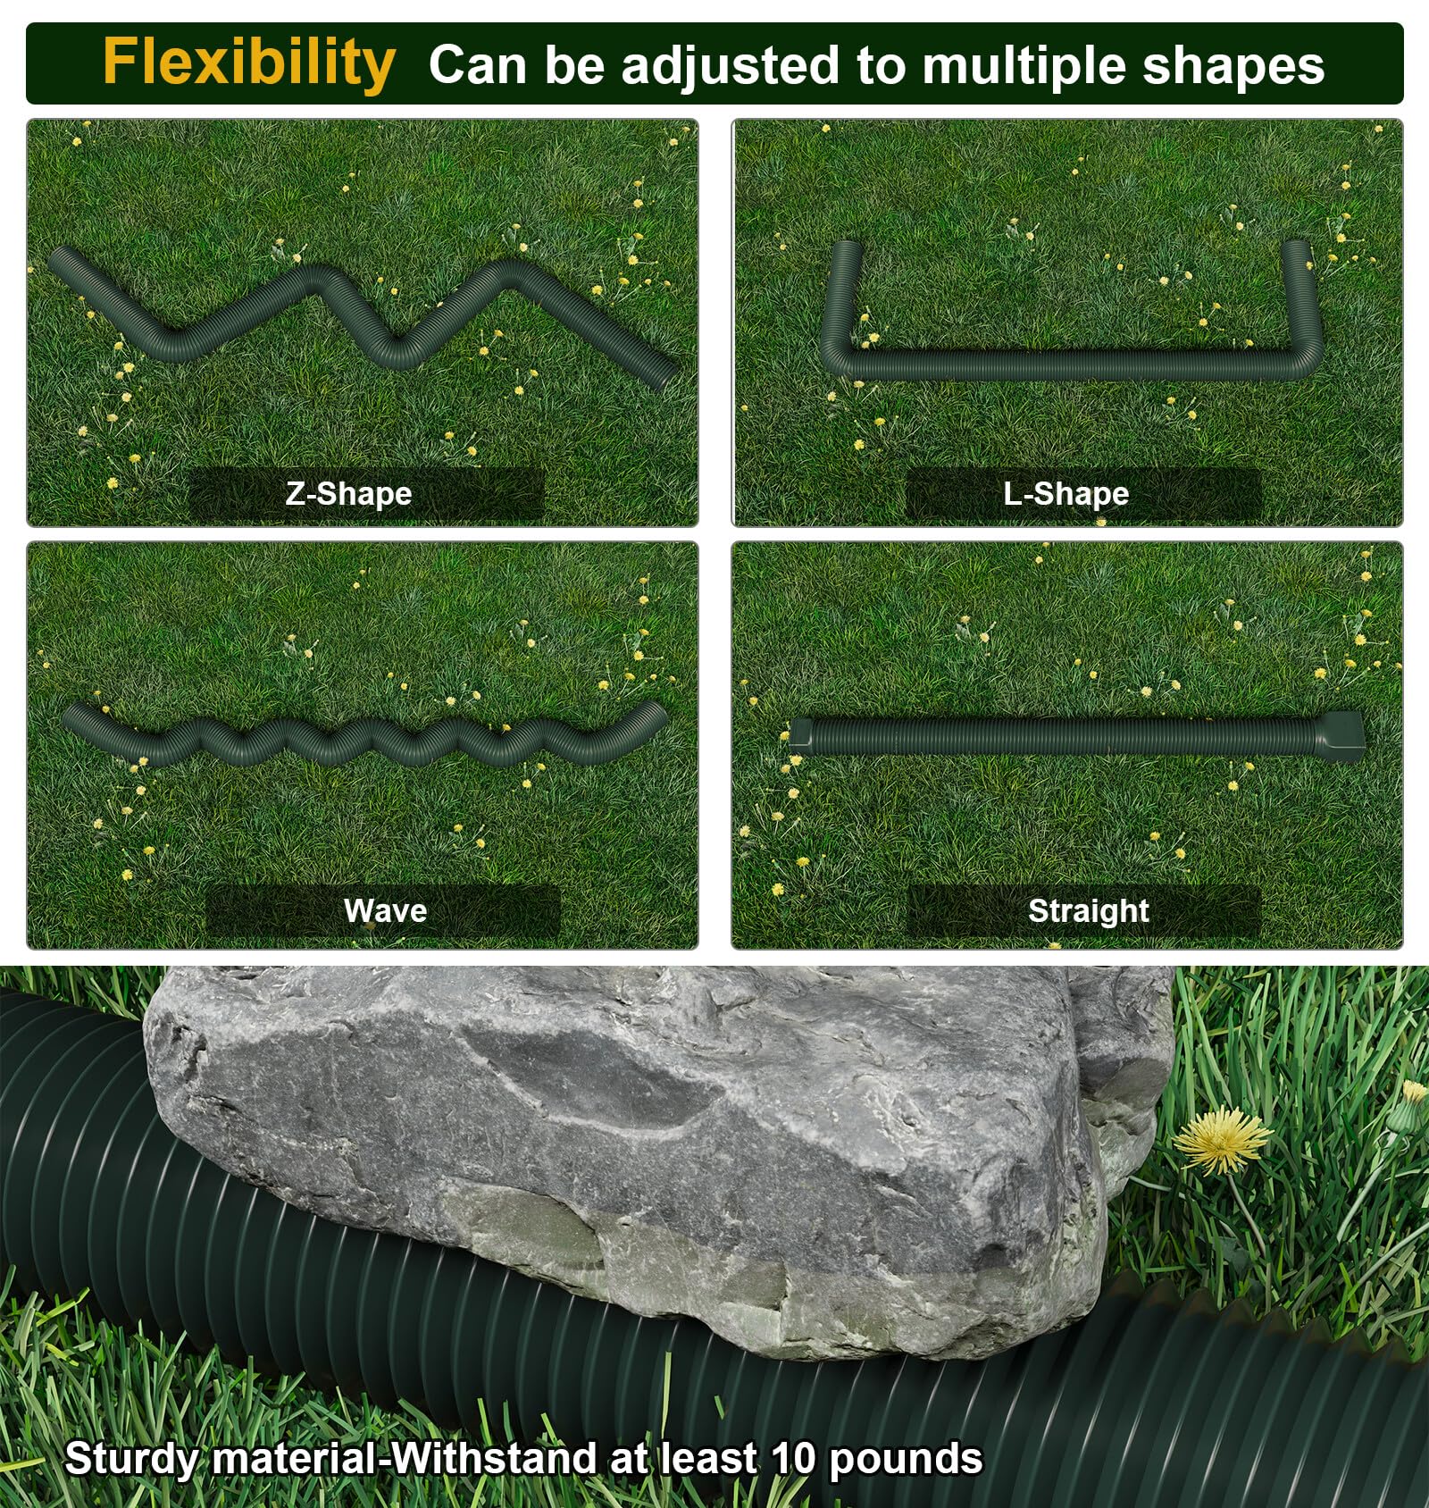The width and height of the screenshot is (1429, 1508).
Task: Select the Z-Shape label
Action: click(348, 493)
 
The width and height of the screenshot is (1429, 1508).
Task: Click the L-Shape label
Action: click(1065, 493)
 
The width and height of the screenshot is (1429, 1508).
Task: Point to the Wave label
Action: click(385, 910)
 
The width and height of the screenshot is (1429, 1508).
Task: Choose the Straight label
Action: click(1088, 911)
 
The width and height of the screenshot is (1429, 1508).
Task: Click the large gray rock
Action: click(652, 1152)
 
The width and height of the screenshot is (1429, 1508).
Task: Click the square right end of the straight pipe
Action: click(1340, 734)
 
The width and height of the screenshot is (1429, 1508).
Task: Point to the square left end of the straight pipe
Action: click(800, 734)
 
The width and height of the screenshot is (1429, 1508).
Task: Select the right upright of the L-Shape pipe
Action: click(1299, 299)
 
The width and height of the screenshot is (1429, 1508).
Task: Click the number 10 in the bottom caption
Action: click(793, 1458)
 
